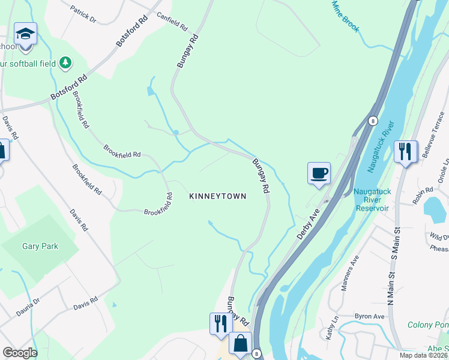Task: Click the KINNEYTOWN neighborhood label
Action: coord(217,196)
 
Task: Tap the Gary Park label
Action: coord(39,246)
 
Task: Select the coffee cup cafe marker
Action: coord(319,173)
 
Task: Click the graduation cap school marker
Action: coord(26,34)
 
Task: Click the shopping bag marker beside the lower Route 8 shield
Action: coord(240,344)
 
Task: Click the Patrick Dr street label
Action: coord(83,14)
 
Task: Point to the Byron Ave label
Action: coord(369,316)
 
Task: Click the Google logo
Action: coord(20,353)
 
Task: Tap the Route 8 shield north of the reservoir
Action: coord(372,121)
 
